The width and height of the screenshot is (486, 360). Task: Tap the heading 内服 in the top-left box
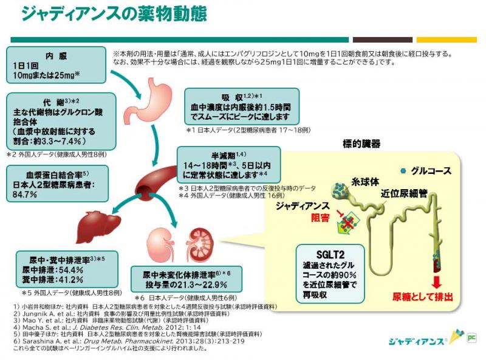click(58, 55)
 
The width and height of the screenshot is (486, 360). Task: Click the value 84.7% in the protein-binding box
click(26, 195)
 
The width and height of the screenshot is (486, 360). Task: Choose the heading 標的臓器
click(361, 144)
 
